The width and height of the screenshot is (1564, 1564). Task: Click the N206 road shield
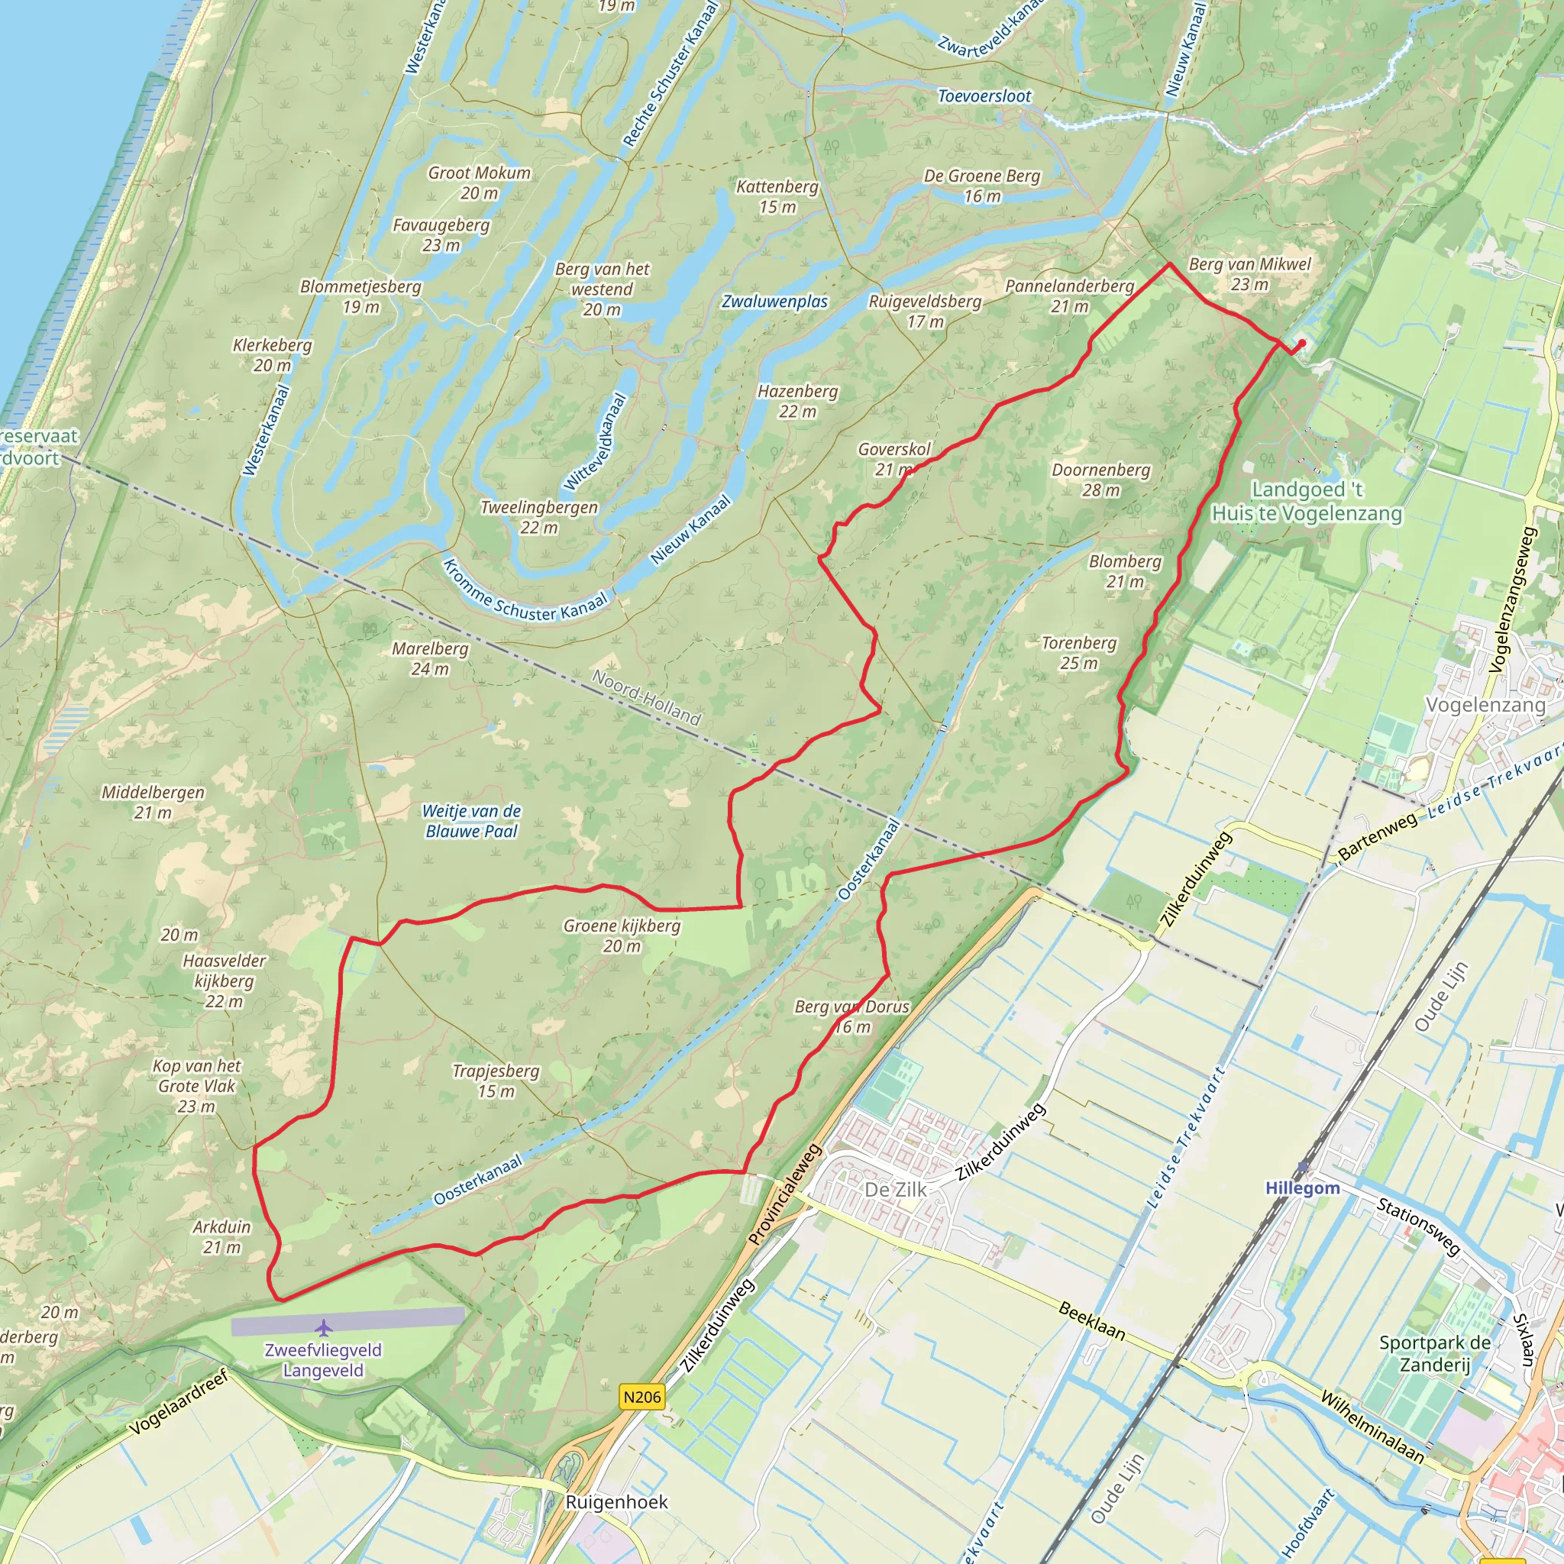tap(642, 1397)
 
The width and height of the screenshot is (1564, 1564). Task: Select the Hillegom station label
tap(1303, 1188)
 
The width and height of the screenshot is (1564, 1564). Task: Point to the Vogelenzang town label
tap(1485, 705)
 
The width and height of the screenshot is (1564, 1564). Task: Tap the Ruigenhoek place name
tap(617, 1502)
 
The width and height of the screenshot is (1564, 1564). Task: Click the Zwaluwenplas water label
tap(774, 302)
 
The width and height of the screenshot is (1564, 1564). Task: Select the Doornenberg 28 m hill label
tap(1101, 480)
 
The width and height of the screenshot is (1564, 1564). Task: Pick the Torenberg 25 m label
tap(1079, 653)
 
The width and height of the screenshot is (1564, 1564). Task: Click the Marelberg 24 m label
tap(430, 659)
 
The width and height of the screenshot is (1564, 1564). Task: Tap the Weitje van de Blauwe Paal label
tap(471, 821)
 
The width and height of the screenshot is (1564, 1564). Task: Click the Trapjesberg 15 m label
tap(496, 1081)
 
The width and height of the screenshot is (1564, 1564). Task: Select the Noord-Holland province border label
tap(646, 697)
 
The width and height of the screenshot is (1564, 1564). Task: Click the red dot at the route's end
tap(1302, 343)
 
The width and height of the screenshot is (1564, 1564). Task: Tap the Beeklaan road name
tap(1091, 1322)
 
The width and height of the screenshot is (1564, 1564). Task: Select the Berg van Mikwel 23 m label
tap(1249, 273)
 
